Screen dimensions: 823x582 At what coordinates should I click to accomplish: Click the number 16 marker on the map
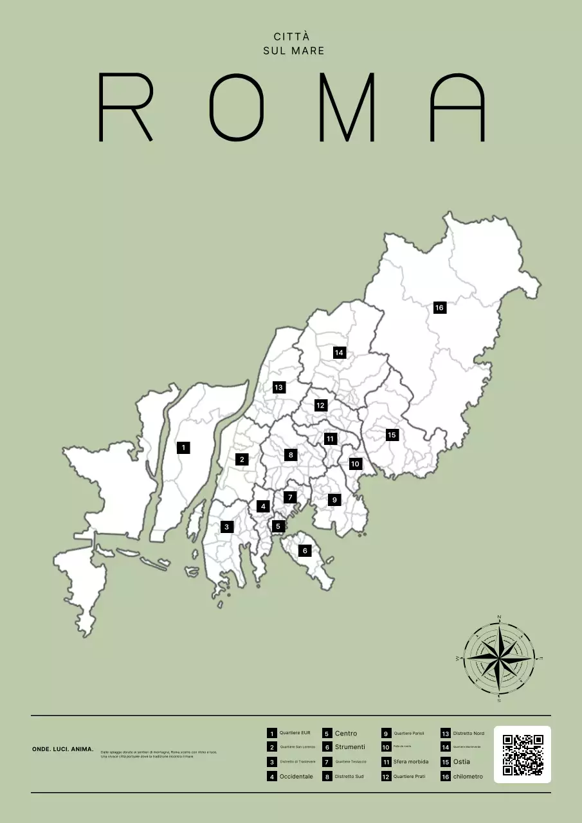(440, 307)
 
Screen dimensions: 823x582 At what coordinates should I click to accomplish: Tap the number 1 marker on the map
(183, 447)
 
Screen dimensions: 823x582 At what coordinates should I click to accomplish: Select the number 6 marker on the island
(305, 550)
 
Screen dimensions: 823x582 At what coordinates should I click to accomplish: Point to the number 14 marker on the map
(340, 352)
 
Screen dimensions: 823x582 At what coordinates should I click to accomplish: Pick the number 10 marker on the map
(355, 464)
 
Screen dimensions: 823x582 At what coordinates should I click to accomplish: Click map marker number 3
(226, 527)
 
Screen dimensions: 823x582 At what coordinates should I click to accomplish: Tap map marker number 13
(278, 387)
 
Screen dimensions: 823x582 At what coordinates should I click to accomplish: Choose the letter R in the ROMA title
(125, 107)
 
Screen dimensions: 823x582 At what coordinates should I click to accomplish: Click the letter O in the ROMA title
(237, 107)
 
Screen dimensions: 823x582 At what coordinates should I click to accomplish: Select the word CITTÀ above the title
(291, 37)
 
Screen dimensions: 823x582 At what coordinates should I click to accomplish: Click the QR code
(522, 754)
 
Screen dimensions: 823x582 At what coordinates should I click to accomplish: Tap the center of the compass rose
(499, 658)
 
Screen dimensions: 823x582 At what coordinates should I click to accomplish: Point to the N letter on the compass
(499, 617)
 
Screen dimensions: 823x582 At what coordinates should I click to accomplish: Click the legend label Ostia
(461, 762)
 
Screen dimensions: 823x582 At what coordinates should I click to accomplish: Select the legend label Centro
(346, 734)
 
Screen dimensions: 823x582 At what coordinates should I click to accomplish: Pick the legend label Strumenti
(350, 747)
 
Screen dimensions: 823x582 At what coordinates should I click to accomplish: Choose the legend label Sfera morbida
(411, 762)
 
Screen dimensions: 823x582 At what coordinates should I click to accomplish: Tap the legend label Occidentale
(296, 777)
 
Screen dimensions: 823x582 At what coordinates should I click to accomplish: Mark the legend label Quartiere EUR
(295, 733)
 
